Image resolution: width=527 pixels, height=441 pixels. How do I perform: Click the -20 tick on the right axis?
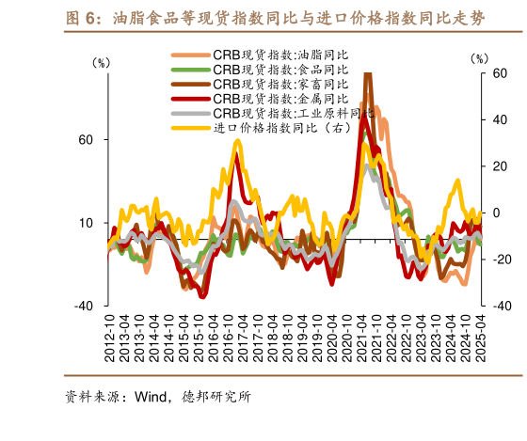point(500,260)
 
